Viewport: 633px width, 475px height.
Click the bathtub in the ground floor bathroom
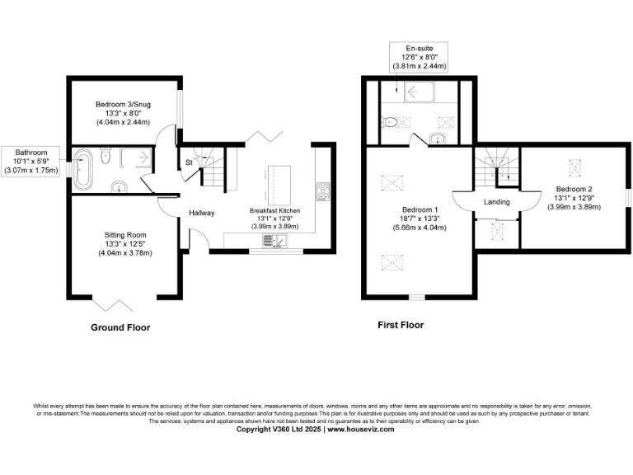pos(82,170)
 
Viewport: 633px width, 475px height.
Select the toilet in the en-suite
pos(391,122)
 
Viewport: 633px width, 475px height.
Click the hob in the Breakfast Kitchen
pos(321,191)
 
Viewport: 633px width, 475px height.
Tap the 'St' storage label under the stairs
pos(189,162)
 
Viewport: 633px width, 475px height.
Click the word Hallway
pos(201,213)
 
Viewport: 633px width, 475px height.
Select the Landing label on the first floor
pos(496,202)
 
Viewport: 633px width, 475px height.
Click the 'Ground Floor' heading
pos(120,327)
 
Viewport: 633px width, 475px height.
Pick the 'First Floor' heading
pos(401,325)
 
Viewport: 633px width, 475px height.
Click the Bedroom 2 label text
pos(574,189)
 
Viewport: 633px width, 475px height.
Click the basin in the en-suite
pos(438,139)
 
